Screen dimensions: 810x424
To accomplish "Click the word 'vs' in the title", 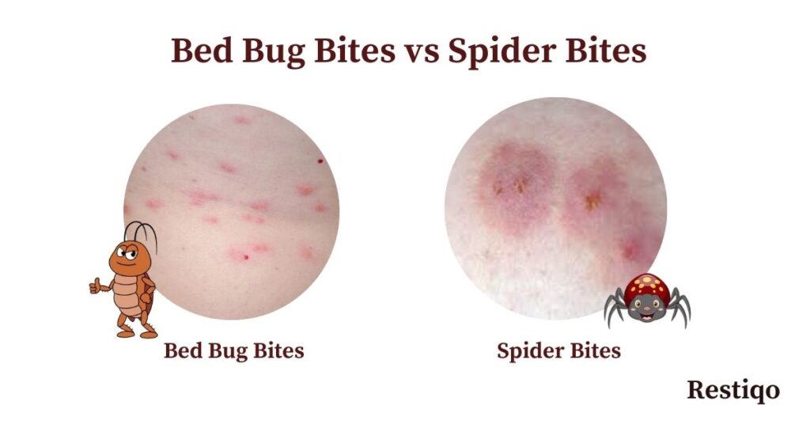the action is pyautogui.click(x=422, y=51).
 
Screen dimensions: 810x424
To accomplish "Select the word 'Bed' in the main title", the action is pyautogui.click(x=202, y=51).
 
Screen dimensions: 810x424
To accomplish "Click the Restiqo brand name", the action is pyautogui.click(x=733, y=390).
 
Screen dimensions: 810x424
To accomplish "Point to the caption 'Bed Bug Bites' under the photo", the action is pyautogui.click(x=234, y=350).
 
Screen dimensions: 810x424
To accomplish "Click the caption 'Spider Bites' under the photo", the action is pyautogui.click(x=558, y=351).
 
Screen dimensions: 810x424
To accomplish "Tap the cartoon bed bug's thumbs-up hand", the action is pyautogui.click(x=96, y=286).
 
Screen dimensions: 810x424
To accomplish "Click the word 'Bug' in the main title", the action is pyautogui.click(x=273, y=52).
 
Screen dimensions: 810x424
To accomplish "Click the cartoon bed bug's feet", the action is pyautogui.click(x=137, y=332).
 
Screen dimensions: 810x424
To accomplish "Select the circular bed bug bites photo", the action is pyautogui.click(x=232, y=212).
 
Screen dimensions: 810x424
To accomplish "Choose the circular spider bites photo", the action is pyautogui.click(x=555, y=209).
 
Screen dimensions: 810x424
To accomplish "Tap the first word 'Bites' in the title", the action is pyautogui.click(x=354, y=51).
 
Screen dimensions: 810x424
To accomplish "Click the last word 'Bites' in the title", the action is pyautogui.click(x=606, y=51).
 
